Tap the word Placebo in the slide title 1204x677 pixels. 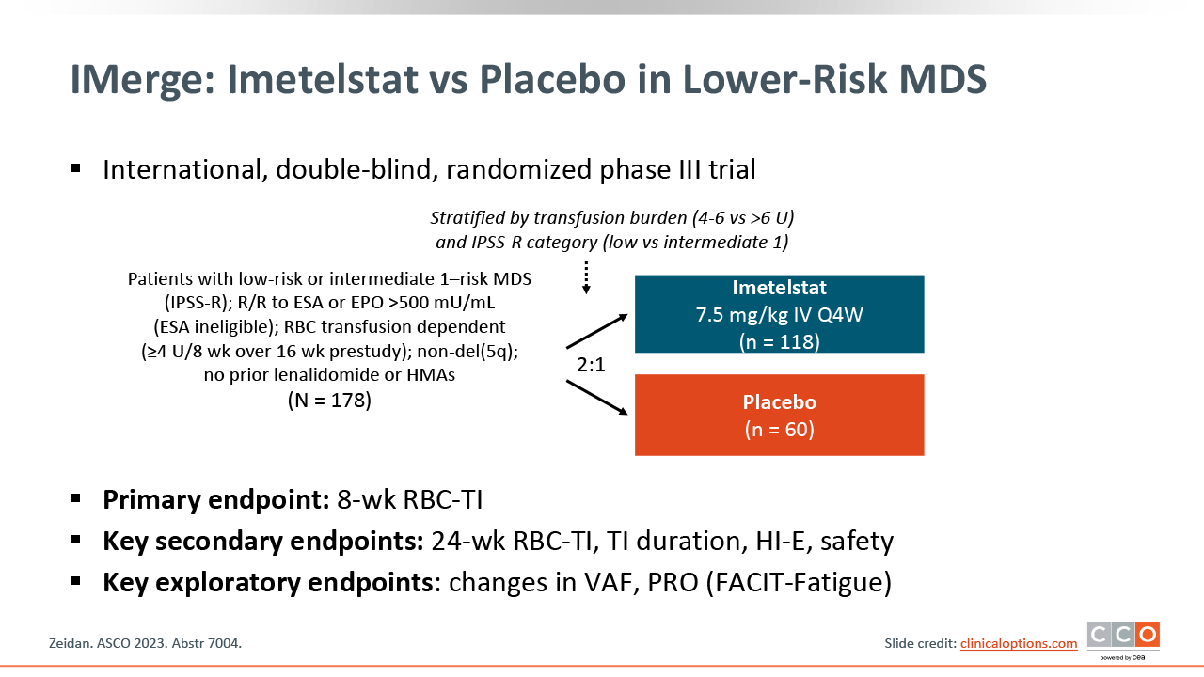point(552,80)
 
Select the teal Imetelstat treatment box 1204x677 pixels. point(780,314)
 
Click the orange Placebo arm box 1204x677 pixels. point(780,415)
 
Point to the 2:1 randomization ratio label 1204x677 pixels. point(591,365)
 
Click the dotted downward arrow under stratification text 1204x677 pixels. point(586,277)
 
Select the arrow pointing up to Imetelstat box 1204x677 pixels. point(597,331)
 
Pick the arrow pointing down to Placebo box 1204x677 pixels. point(597,398)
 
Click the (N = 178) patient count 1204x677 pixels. point(329,401)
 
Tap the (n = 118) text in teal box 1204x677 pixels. point(780,341)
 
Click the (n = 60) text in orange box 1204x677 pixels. point(780,430)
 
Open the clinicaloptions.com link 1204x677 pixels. point(1019,643)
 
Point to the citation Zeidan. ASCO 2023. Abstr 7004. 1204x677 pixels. point(145,643)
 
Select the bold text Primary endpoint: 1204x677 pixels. point(216,499)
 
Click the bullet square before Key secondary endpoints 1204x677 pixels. point(76,540)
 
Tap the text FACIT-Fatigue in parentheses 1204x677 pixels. point(799,582)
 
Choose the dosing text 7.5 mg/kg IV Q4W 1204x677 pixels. point(780,315)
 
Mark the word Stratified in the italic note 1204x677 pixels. point(467,217)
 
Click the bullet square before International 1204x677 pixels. point(76,168)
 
